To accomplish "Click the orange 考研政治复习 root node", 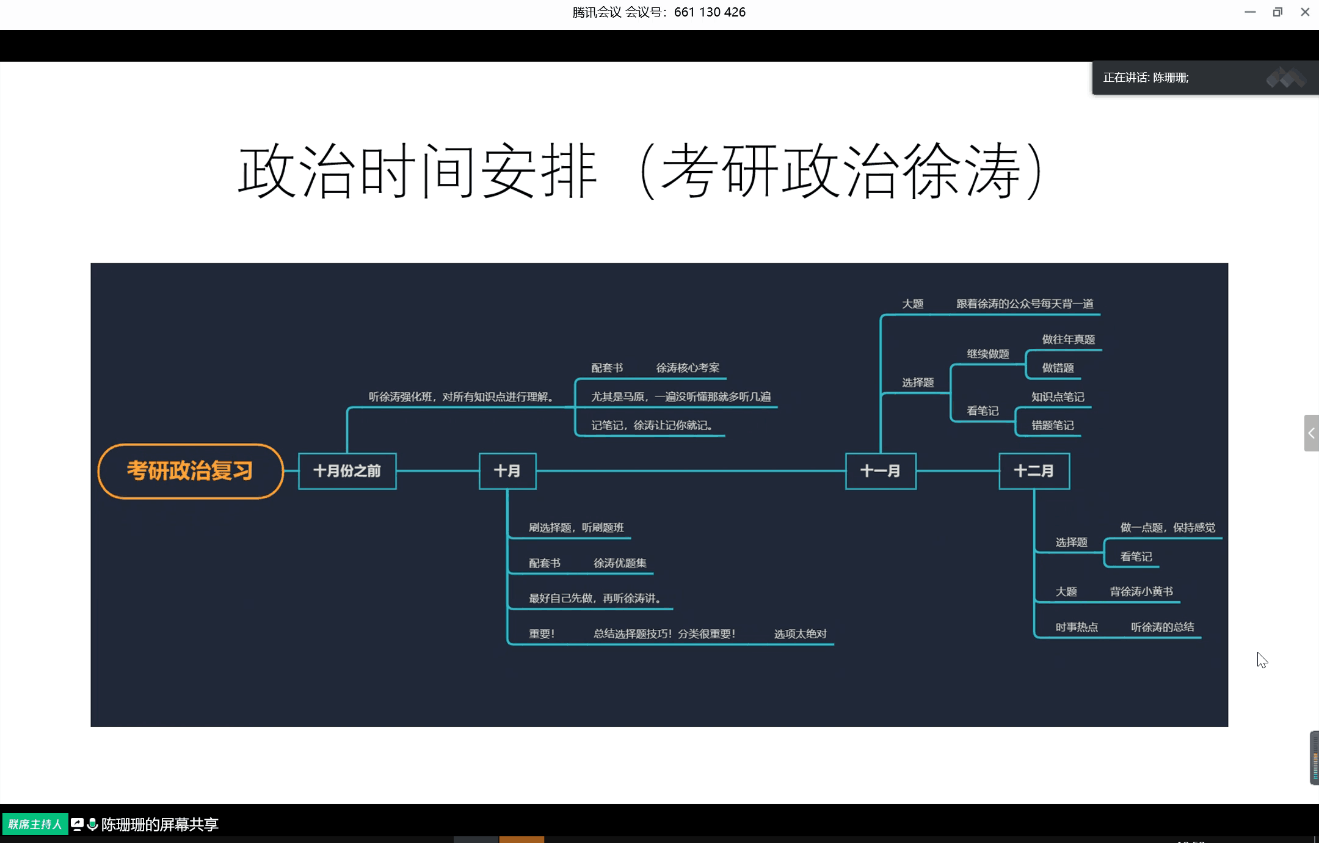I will click(x=190, y=471).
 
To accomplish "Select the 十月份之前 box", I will click(x=347, y=471).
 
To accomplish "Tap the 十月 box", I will click(x=507, y=471).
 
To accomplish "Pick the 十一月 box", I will click(x=880, y=471).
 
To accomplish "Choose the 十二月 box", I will click(x=1034, y=471).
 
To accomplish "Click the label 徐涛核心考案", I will click(x=688, y=368).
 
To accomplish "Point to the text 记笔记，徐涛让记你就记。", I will click(x=652, y=425).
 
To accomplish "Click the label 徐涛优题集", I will click(x=620, y=563).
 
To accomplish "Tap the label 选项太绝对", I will click(x=800, y=634).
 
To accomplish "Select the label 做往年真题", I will click(x=1068, y=340).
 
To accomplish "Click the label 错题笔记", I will click(x=1052, y=425).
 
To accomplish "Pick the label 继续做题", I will click(x=987, y=354).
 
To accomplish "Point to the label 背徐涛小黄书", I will click(x=1141, y=591).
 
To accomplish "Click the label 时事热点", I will click(x=1077, y=627).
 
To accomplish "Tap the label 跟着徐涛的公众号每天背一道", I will click(x=1025, y=304).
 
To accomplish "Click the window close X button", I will click(x=1305, y=12).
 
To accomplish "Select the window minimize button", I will click(x=1250, y=12).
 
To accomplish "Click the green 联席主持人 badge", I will click(x=35, y=824).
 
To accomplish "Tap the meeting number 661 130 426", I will click(x=710, y=12).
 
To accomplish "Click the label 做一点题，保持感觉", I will click(x=1168, y=528).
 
